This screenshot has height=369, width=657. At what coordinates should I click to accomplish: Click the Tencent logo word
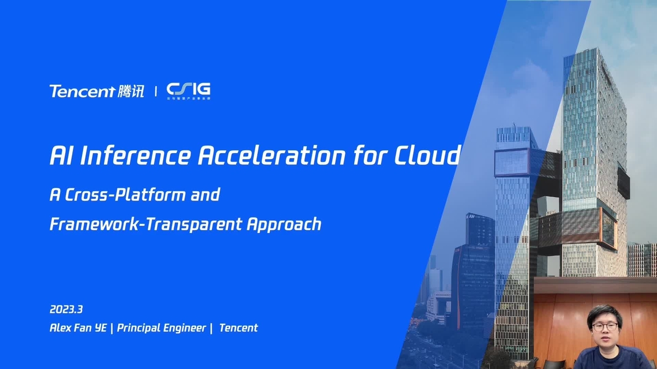tap(82, 91)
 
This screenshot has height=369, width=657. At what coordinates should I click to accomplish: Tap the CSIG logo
tap(188, 90)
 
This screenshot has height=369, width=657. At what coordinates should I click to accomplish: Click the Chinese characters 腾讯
tap(131, 91)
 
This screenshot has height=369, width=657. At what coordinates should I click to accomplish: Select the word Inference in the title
tap(136, 156)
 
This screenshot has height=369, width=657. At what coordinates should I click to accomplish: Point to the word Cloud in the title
tap(427, 156)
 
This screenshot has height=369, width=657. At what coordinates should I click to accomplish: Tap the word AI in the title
tap(61, 156)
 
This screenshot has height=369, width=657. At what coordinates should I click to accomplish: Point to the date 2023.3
tap(66, 309)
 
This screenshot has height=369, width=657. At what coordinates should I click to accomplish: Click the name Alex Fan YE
tap(78, 328)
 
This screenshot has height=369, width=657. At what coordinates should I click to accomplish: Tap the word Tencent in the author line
tap(238, 328)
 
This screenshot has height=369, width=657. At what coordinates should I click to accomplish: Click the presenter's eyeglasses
tap(604, 326)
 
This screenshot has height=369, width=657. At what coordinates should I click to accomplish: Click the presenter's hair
tap(603, 312)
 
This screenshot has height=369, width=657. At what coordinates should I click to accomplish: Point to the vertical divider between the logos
tap(156, 91)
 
